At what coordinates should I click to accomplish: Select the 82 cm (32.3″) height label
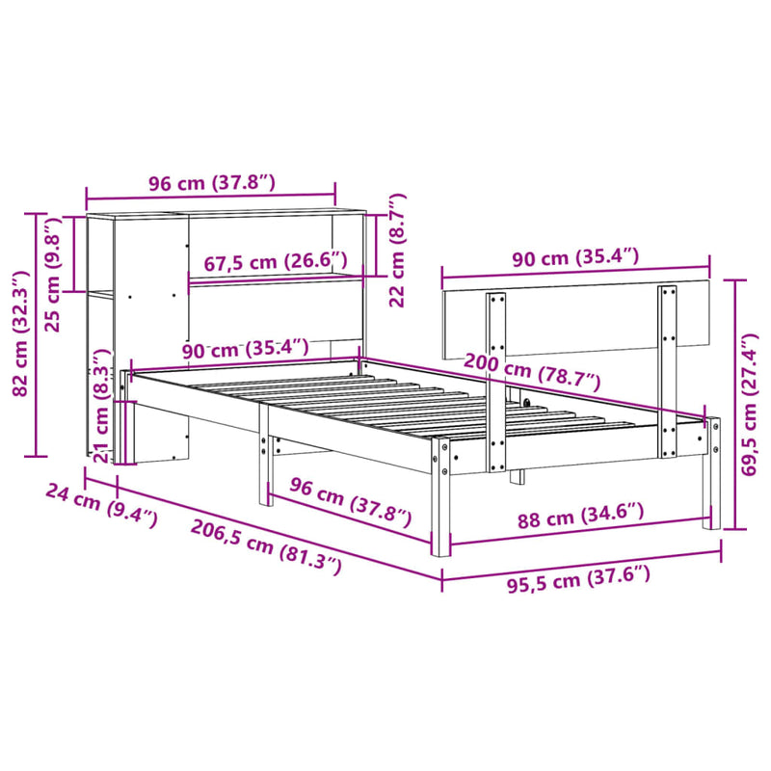click(x=17, y=332)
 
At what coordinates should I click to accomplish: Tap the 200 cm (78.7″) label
click(x=531, y=370)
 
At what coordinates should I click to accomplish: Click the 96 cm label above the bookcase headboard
click(x=211, y=182)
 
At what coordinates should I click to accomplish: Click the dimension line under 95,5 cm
click(x=581, y=561)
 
